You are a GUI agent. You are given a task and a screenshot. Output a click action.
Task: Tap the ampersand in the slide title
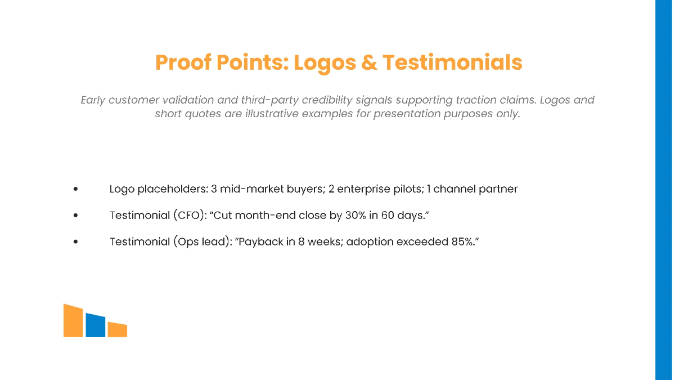[368, 62]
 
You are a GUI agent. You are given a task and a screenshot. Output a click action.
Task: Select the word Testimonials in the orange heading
[452, 62]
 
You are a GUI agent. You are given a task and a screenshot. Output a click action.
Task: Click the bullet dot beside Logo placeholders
[75, 190]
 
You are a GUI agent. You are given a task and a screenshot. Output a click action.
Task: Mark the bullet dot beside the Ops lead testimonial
[75, 242]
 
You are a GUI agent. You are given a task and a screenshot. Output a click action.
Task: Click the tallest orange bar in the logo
[73, 321]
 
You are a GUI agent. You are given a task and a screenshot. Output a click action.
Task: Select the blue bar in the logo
[96, 325]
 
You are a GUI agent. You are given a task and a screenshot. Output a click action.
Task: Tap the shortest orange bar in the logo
[117, 330]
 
